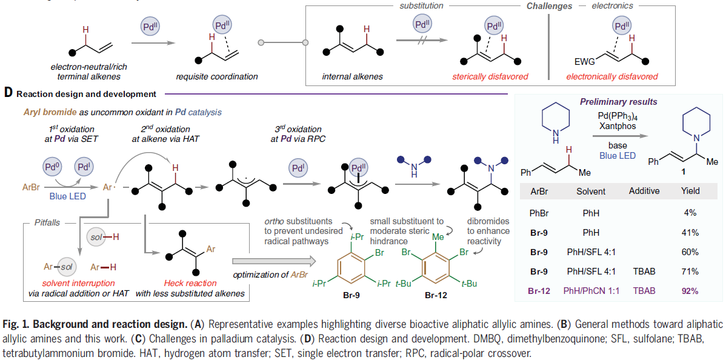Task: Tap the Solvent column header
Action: [x=591, y=191]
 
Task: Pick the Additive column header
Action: [x=643, y=191]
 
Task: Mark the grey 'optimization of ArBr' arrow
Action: [x=273, y=261]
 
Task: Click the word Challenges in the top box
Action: [x=550, y=6]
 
